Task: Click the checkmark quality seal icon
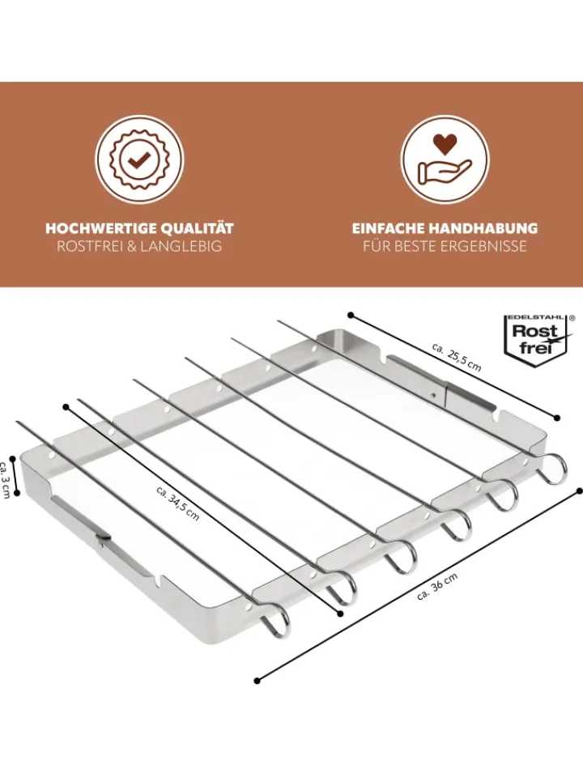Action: point(139,159)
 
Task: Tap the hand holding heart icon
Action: point(445,159)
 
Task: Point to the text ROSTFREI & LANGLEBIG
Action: point(139,246)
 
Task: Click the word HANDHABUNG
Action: point(483,228)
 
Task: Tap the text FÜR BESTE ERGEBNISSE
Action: point(445,246)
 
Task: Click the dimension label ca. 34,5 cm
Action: point(178,503)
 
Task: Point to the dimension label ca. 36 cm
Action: point(437,586)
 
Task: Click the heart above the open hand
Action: point(445,143)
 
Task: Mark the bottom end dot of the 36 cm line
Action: point(257,681)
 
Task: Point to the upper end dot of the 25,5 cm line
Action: point(351,315)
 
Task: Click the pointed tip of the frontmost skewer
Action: point(18,422)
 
